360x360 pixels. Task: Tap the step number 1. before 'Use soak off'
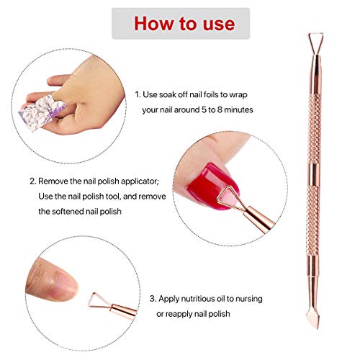[140, 94]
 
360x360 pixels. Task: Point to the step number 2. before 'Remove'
[33, 181]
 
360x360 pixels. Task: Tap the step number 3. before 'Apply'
[153, 297]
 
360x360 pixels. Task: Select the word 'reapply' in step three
[194, 313]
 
